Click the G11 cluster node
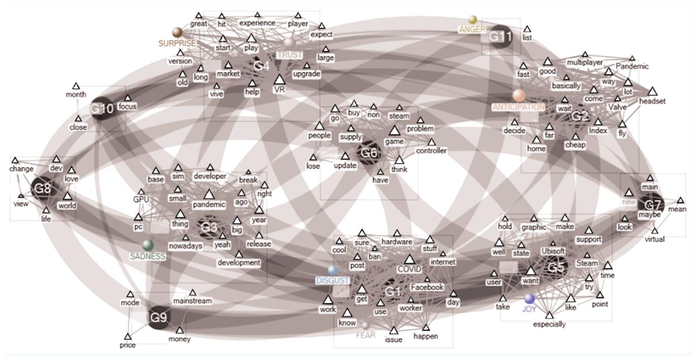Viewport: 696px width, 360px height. coord(498,37)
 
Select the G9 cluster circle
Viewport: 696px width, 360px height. coord(158,318)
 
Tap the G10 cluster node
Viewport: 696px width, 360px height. coord(101,109)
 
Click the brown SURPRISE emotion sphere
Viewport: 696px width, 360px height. coord(177,32)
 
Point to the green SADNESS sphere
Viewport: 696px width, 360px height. coord(148,245)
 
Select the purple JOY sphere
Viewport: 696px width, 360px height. coord(529,298)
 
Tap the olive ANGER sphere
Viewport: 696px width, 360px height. coord(473,19)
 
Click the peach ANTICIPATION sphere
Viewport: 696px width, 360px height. coord(519,95)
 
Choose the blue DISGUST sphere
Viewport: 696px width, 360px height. coord(332,270)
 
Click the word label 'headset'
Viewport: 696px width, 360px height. coord(652,101)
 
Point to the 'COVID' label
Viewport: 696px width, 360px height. coord(409,269)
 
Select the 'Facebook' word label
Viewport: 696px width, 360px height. coord(427,287)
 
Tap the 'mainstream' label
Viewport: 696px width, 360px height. coord(192,301)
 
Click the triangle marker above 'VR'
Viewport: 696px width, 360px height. coord(279,80)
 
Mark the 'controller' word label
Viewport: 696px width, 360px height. coord(431,150)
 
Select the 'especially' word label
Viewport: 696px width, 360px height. coord(549,324)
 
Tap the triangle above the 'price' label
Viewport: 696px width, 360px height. coord(127,336)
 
